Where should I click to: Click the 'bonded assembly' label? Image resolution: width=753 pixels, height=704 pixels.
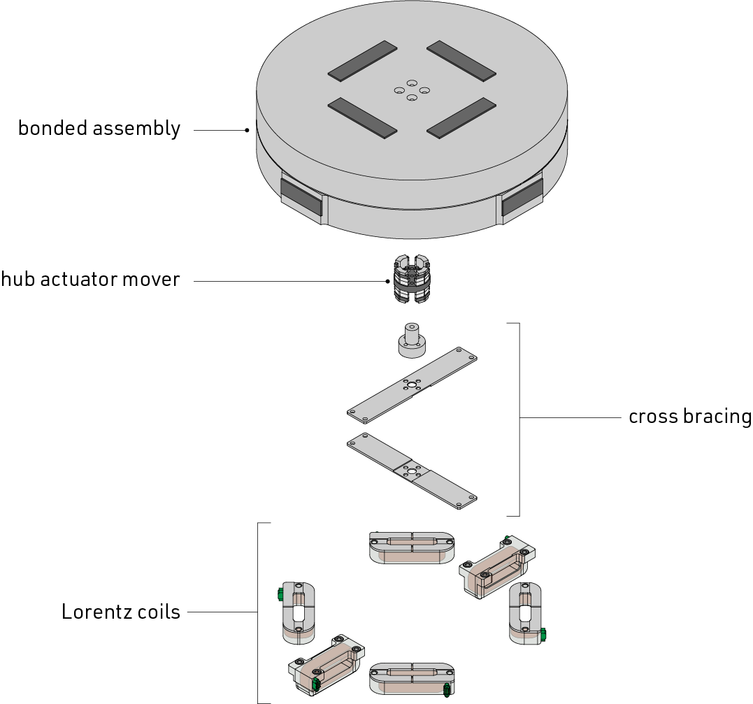[x=99, y=129]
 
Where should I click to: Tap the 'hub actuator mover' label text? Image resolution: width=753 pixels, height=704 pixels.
[x=90, y=279]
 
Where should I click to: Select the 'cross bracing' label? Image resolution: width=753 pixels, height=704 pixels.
[x=689, y=417]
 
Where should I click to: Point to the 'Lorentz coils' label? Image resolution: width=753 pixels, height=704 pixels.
[x=120, y=612]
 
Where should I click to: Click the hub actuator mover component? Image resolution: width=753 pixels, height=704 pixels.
[x=412, y=280]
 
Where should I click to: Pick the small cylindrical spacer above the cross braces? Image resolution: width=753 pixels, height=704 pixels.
[x=412, y=340]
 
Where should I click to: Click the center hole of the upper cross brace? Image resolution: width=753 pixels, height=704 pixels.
[x=412, y=384]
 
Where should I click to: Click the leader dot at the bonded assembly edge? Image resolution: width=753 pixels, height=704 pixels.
[x=247, y=130]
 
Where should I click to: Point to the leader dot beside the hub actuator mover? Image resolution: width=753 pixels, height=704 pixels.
[x=387, y=282]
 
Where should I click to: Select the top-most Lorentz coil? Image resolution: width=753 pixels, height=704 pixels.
[x=412, y=547]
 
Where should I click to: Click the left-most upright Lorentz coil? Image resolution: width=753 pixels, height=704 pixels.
[x=298, y=612]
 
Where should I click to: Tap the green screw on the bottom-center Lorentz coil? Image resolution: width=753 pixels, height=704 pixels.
[x=447, y=689]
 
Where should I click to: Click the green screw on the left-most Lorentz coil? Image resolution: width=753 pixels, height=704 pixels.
[x=280, y=594]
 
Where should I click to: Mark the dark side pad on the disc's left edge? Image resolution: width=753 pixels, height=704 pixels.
[x=301, y=197]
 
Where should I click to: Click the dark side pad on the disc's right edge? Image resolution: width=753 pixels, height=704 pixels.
[x=522, y=197]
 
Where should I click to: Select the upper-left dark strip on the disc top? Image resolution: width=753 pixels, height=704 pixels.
[x=363, y=61]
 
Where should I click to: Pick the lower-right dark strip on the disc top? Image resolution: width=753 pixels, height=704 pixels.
[x=461, y=118]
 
